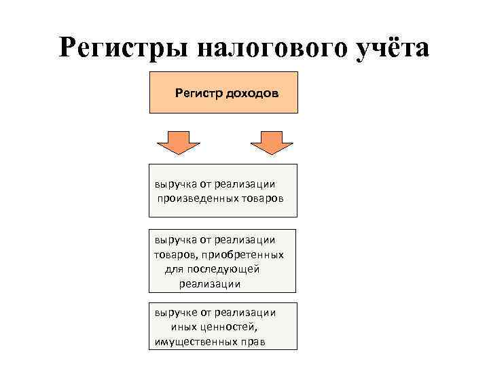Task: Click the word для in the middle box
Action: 174,269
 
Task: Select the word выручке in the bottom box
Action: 175,313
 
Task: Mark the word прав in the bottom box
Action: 253,341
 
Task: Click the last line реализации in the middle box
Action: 210,283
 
